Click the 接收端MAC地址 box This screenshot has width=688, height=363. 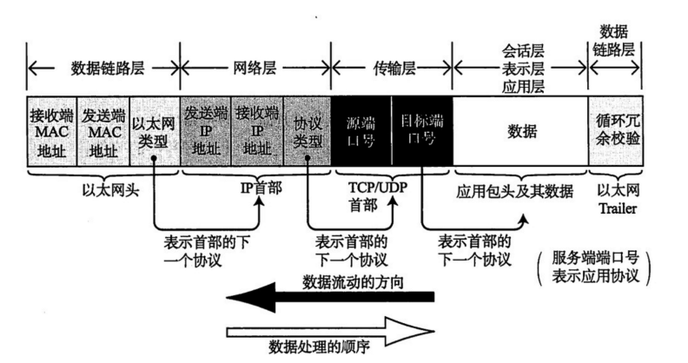coord(52,131)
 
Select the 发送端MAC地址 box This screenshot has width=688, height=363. coord(103,131)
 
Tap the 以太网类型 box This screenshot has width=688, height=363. coord(155,131)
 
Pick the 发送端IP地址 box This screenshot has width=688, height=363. coord(206,131)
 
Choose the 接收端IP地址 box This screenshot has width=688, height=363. coord(257,131)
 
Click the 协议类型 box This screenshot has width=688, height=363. coord(308,131)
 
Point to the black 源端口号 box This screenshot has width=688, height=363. coord(361,131)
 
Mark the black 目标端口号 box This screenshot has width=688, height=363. coord(422,131)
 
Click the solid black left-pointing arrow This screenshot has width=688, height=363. coord(330,298)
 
